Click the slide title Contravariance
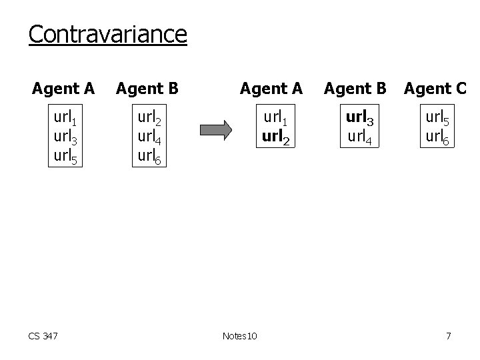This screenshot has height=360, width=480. pyautogui.click(x=107, y=33)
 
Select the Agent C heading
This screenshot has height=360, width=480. pyautogui.click(x=435, y=88)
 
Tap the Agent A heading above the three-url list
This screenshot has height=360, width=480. pyautogui.click(x=63, y=88)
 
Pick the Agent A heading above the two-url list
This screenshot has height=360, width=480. pyautogui.click(x=271, y=88)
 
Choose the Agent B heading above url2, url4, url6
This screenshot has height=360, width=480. pyautogui.click(x=147, y=88)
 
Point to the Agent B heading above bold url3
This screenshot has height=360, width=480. pyautogui.click(x=355, y=88)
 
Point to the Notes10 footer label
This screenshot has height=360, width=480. pyautogui.click(x=241, y=336)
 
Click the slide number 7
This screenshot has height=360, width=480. pyautogui.click(x=448, y=336)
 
